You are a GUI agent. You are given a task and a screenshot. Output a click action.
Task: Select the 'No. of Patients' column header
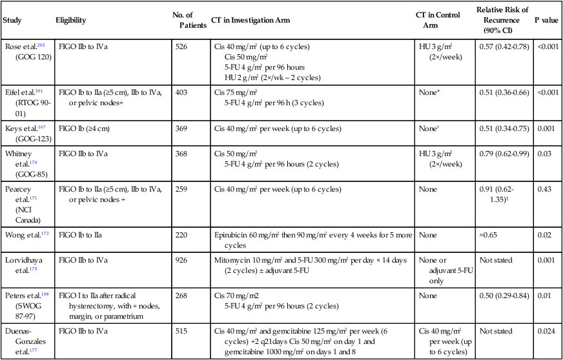pos(187,20)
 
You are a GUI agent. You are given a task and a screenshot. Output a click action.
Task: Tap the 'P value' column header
pos(546,20)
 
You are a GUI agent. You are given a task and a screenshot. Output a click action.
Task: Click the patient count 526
pos(182,47)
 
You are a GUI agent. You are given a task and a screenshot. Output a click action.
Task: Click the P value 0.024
pos(546,331)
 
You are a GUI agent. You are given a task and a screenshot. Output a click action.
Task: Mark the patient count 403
pos(182,93)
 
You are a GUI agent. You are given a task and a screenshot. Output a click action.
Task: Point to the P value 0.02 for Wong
pos(544,235)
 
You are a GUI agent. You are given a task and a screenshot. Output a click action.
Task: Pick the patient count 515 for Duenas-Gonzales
pos(182,331)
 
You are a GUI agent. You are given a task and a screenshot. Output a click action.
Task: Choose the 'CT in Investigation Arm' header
pos(251,20)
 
